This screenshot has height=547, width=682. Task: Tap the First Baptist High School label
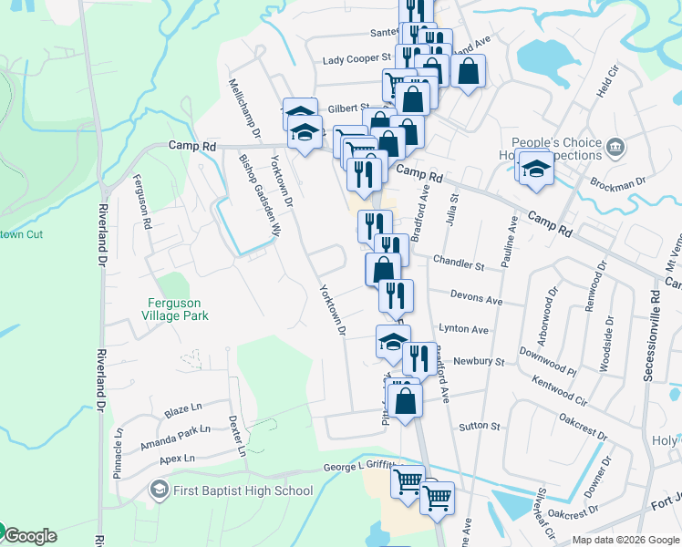(243, 491)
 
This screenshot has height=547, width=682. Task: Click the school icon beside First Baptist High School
(159, 491)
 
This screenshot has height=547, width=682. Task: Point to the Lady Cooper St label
(356, 60)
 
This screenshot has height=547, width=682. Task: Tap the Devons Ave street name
(477, 299)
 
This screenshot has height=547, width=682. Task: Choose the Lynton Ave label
(464, 329)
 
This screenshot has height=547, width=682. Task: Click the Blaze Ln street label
(183, 412)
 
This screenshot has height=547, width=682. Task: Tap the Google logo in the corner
(29, 535)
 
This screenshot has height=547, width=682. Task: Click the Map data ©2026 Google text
(625, 540)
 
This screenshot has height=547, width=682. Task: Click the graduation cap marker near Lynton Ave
(393, 342)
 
